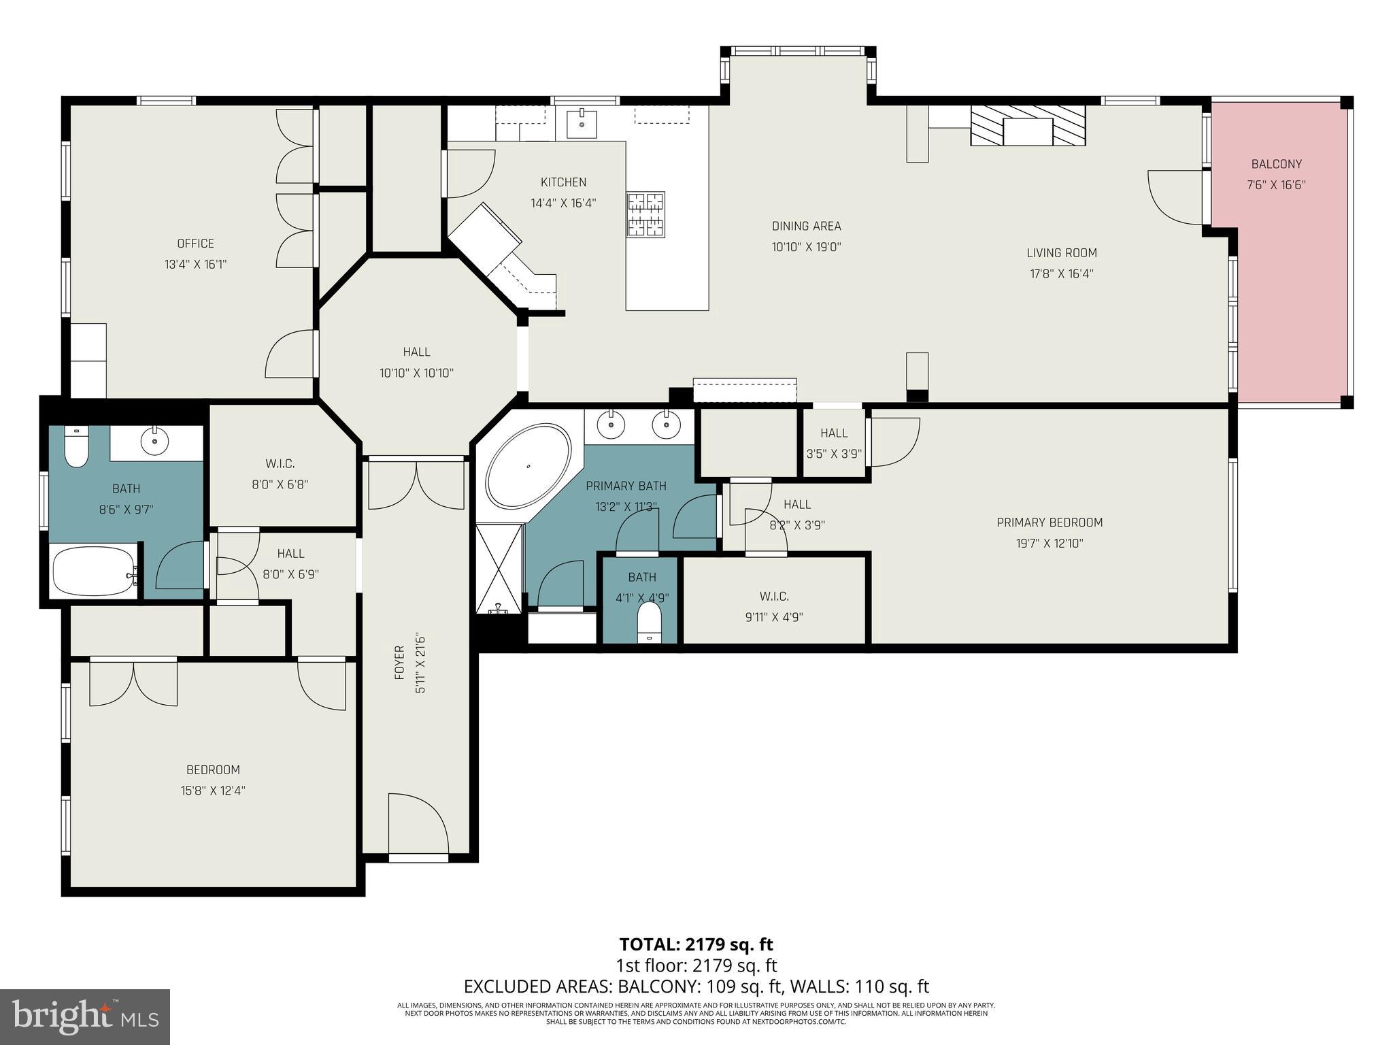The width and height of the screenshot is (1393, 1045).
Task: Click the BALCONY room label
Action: click(x=1276, y=164)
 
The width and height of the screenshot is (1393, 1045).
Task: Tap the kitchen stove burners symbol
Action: click(x=645, y=214)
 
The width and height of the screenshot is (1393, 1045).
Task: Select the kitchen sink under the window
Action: click(x=582, y=124)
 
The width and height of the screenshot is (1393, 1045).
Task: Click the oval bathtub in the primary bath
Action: click(x=528, y=466)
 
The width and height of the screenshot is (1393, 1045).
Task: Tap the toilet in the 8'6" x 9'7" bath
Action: click(x=76, y=448)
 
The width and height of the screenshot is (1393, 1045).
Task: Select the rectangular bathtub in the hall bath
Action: click(x=95, y=571)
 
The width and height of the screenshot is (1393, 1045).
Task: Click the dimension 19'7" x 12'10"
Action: click(x=1050, y=544)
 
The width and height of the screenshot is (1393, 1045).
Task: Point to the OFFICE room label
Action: click(x=195, y=244)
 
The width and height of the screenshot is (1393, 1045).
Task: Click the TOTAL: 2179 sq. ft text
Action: click(x=696, y=944)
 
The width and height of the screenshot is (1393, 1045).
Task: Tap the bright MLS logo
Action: click(x=85, y=1016)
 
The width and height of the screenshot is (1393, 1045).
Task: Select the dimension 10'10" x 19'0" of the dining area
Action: click(x=806, y=247)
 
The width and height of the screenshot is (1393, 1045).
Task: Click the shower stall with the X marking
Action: click(x=499, y=568)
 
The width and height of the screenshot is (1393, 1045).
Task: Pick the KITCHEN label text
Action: click(x=563, y=182)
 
